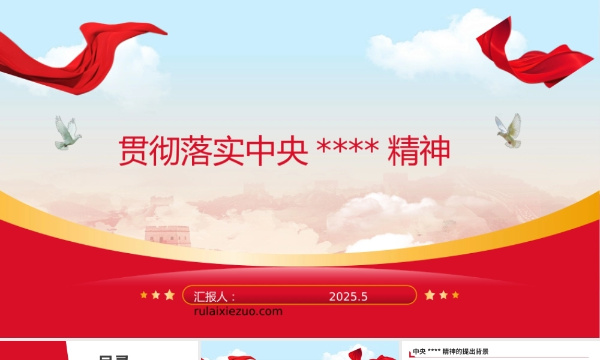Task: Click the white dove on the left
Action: (x=67, y=134)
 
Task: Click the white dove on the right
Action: (x=509, y=131)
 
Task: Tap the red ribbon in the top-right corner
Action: (x=531, y=57)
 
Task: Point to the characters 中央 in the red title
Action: (x=277, y=151)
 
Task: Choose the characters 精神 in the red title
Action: (x=419, y=151)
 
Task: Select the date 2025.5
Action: (x=348, y=296)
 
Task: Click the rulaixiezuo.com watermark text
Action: (x=238, y=311)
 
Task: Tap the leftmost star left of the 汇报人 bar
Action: (x=143, y=295)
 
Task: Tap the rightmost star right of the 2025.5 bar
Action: (x=455, y=295)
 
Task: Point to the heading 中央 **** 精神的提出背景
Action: (x=451, y=352)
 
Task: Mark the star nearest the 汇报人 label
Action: (x=169, y=295)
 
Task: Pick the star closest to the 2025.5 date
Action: (x=430, y=295)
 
